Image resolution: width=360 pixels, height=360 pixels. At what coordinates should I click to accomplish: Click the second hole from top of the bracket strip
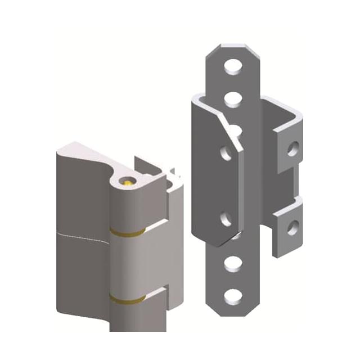point(231,99)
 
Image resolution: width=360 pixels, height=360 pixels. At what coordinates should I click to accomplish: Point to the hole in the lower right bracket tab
point(292,227)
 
